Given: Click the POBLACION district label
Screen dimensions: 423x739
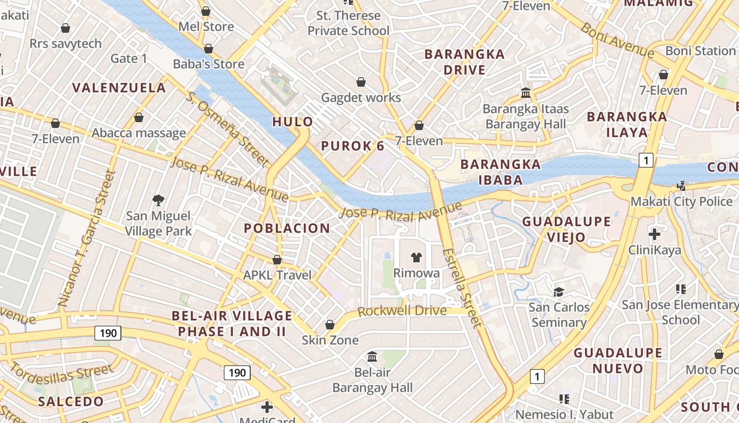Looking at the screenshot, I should [287, 228].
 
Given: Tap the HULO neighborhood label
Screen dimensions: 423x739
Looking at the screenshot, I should [292, 122].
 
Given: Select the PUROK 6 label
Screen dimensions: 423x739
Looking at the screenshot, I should [353, 146].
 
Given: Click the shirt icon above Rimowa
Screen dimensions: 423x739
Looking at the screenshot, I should [416, 258].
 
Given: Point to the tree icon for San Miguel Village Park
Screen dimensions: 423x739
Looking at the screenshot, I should [158, 200].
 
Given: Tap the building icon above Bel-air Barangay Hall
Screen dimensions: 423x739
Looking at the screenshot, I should [372, 356].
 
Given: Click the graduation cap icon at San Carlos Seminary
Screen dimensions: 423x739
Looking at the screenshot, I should [558, 292].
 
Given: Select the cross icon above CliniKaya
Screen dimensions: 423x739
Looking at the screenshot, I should [655, 234].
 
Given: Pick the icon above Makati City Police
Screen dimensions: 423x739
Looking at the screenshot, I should [681, 186].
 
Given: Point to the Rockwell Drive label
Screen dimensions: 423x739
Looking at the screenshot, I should [402, 311].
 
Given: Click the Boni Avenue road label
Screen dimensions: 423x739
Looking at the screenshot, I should [617, 40].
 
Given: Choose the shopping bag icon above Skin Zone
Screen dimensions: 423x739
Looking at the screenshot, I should [330, 324].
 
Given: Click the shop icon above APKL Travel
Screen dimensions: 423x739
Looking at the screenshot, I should [277, 260].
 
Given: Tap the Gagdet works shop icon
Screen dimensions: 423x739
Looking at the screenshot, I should [361, 82].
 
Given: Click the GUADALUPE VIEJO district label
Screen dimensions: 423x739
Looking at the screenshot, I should [566, 229].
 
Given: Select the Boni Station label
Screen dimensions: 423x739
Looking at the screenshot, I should [700, 51].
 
